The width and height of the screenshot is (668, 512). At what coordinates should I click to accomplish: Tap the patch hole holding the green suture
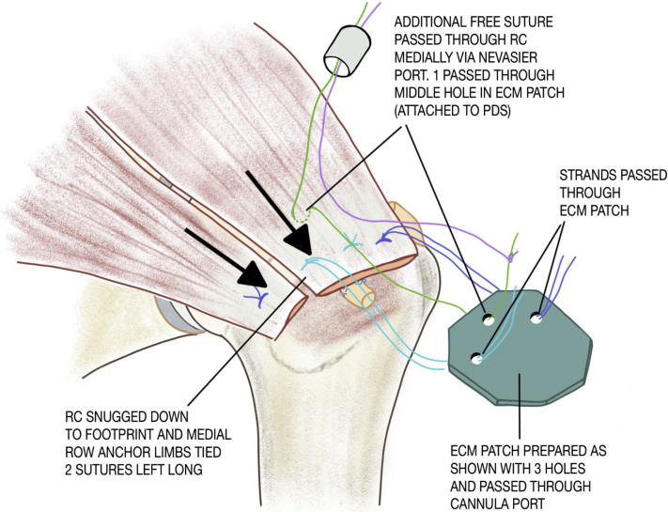[x=489, y=320]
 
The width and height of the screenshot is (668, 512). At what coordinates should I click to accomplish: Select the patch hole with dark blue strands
[x=536, y=318]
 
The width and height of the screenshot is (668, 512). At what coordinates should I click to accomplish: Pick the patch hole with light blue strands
[x=478, y=359]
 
